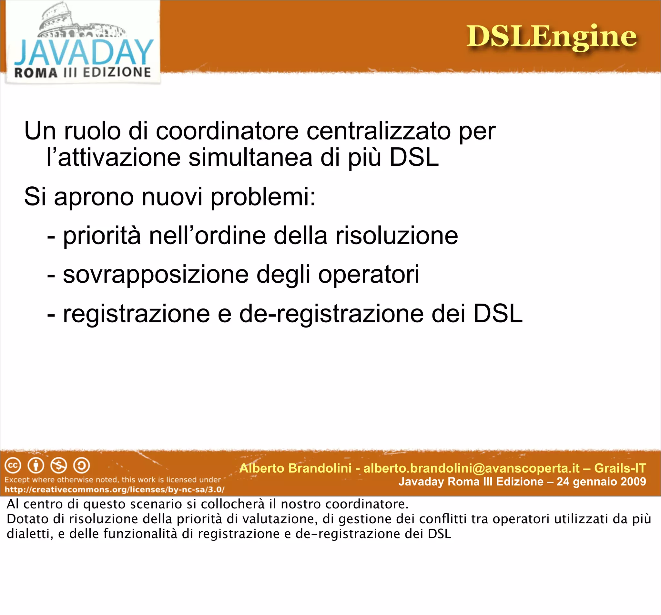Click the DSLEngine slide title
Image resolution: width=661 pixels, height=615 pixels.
pyautogui.click(x=551, y=36)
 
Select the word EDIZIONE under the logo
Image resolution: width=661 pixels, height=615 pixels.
pyautogui.click(x=117, y=72)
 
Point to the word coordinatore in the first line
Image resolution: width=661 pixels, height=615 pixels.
pyautogui.click(x=227, y=131)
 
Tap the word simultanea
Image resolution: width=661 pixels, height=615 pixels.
pyautogui.click(x=250, y=157)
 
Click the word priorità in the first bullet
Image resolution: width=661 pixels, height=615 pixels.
pyautogui.click(x=102, y=236)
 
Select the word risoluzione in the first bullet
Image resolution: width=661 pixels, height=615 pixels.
pyautogui.click(x=397, y=236)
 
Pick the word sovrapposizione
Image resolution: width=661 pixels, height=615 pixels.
pyautogui.click(x=156, y=275)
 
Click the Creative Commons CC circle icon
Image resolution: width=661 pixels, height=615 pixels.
pyautogui.click(x=13, y=465)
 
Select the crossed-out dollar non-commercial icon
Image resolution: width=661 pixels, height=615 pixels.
pyautogui.click(x=58, y=465)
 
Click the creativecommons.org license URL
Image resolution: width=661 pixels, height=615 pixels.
pyautogui.click(x=114, y=490)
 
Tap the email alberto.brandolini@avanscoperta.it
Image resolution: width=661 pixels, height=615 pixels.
pyautogui.click(x=472, y=468)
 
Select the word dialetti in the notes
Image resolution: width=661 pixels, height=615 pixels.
pyautogui.click(x=30, y=534)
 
